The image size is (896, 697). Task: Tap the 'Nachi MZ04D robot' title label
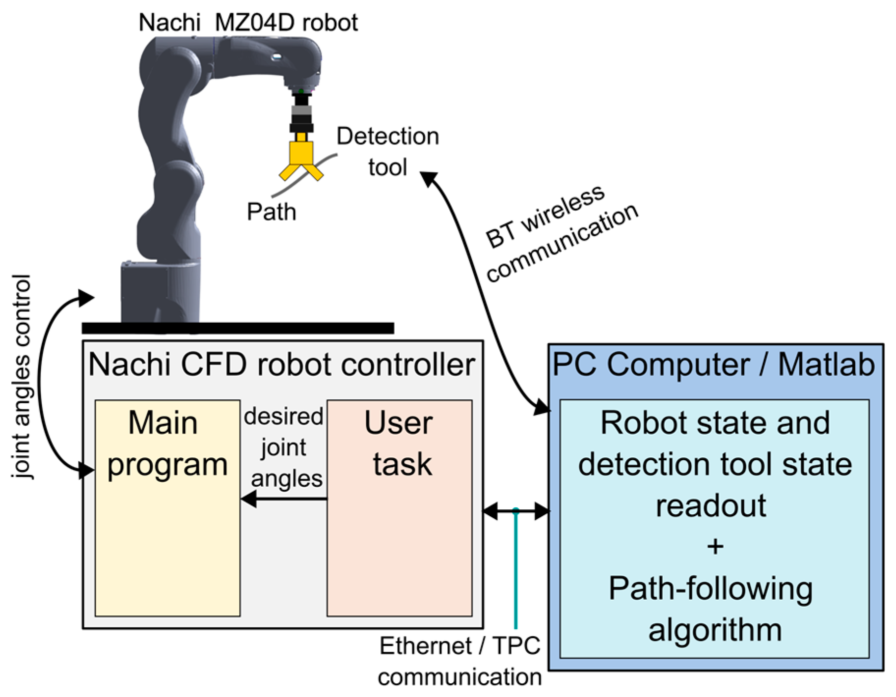point(248,23)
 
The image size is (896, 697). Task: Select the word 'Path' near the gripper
point(271,212)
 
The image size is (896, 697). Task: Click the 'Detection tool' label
point(387,151)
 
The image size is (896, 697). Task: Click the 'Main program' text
point(167,443)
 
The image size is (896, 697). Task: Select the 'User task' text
point(399,443)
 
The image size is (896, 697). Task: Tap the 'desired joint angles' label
point(284,447)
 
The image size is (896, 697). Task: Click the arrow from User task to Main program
point(284,499)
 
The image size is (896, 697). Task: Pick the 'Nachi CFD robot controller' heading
point(282,365)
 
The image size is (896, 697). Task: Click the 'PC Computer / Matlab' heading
point(714,365)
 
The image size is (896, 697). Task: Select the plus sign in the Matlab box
point(715,547)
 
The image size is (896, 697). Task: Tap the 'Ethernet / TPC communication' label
point(460,661)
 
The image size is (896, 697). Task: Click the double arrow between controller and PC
point(516,511)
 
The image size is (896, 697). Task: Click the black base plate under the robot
point(238,328)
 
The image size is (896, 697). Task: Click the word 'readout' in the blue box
point(711,506)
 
